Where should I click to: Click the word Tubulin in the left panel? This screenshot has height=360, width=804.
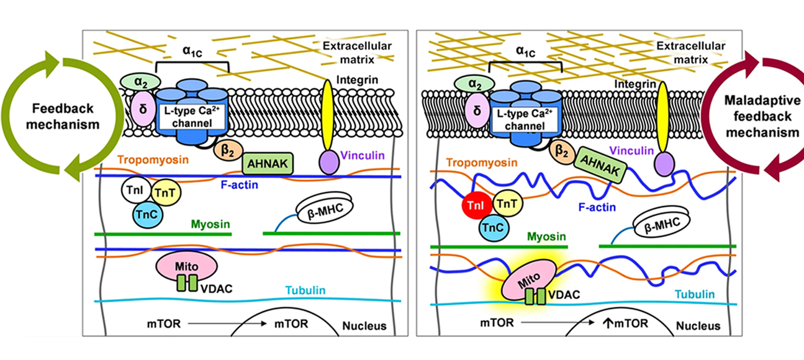[x=305, y=290]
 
